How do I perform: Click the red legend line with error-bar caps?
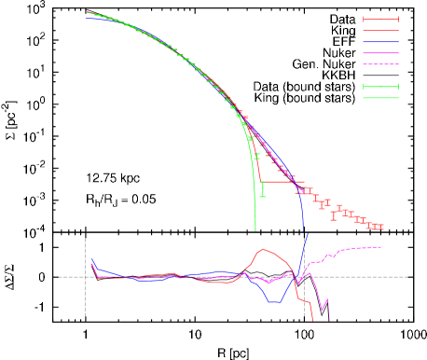[x=380, y=19]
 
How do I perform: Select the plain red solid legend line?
[x=380, y=31]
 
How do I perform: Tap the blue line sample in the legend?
[x=380, y=42]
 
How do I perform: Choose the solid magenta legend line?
[x=380, y=53]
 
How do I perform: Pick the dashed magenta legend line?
[x=380, y=64]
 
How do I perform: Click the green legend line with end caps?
[x=380, y=87]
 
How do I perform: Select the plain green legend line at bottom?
[x=380, y=98]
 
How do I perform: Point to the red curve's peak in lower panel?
[x=264, y=249]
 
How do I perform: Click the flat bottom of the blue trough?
[x=275, y=302]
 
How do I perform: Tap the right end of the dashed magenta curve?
[x=380, y=247]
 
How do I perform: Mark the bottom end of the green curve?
[x=255, y=229]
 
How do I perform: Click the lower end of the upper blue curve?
[x=304, y=227]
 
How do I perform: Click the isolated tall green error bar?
[x=263, y=189]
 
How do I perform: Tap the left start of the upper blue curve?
[x=86, y=18]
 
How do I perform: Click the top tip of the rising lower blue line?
[x=308, y=233]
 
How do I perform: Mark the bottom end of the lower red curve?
[x=312, y=321]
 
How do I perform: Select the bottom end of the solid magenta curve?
[x=329, y=319]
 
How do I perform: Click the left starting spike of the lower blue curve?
[x=91, y=257]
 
